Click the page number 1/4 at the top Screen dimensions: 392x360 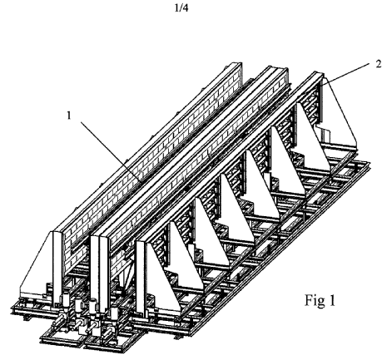tap(181, 8)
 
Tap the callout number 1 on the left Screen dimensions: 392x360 tap(69, 116)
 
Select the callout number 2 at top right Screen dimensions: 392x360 tap(379, 64)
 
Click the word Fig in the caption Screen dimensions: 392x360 tap(315, 300)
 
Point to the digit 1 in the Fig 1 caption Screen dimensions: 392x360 tap(332, 300)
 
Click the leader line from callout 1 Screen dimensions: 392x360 tap(111, 151)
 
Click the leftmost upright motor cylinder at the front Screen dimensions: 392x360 tap(66, 299)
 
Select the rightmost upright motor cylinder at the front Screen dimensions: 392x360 tap(114, 313)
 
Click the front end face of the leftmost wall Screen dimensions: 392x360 tap(57, 266)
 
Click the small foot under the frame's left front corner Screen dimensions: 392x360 tap(27, 318)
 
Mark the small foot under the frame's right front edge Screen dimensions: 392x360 tap(177, 337)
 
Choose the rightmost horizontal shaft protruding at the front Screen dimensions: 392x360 tap(107, 333)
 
